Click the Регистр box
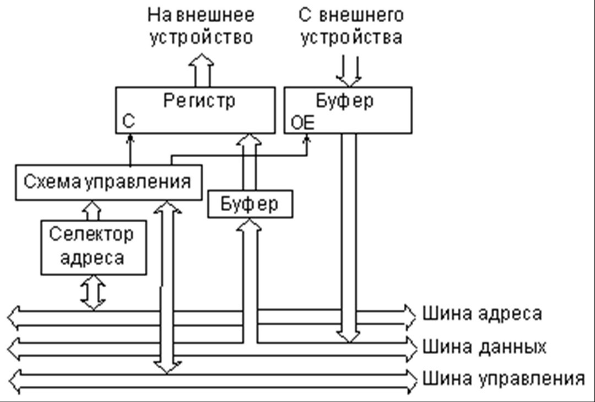(195, 110)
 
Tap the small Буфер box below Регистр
(250, 204)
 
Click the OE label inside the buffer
(302, 123)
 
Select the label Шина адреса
(482, 314)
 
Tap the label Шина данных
(484, 347)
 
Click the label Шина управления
(503, 379)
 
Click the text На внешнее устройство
(201, 26)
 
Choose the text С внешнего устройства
(350, 26)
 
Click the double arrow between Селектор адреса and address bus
(93, 292)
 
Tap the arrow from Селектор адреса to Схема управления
(93, 208)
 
